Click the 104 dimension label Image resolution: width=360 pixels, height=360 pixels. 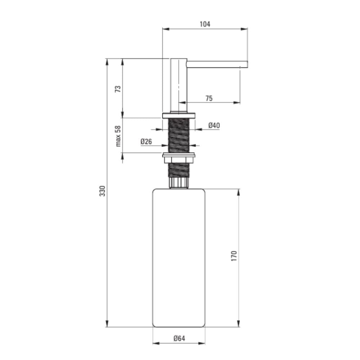point(205,24)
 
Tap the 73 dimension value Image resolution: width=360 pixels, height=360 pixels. point(118,89)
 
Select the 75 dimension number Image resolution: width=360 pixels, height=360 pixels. point(209,98)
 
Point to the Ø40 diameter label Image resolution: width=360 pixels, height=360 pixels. point(214,125)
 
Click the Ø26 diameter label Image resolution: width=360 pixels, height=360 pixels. point(146,141)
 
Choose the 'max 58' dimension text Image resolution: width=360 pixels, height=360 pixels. point(118,136)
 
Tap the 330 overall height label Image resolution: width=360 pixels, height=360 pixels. point(102,191)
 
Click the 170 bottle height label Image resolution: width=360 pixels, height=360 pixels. point(234,256)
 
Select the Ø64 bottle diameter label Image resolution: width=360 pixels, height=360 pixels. point(179,338)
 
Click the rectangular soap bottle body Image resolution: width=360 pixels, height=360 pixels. point(179,258)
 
